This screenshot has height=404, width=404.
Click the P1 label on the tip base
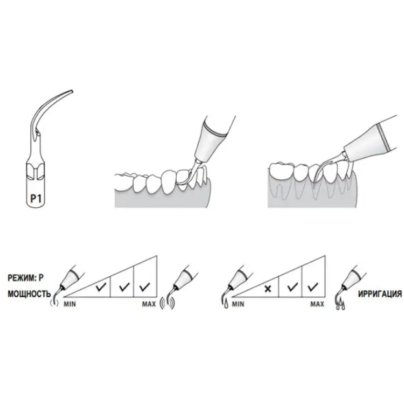pyautogui.click(x=36, y=198)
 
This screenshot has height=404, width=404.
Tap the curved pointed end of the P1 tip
pyautogui.click(x=73, y=91)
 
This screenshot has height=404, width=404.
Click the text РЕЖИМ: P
pyautogui.click(x=26, y=278)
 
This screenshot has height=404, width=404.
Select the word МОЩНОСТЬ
pyautogui.click(x=29, y=294)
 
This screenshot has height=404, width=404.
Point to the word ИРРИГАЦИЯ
pyautogui.click(x=380, y=294)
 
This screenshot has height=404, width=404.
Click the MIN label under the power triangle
pyautogui.click(x=70, y=304)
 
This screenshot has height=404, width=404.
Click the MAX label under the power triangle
pyautogui.click(x=149, y=304)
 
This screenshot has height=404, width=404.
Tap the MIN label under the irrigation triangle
pyautogui.click(x=238, y=304)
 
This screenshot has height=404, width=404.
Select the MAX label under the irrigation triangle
pyautogui.click(x=317, y=304)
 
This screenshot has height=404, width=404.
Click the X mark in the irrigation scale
pyautogui.click(x=268, y=289)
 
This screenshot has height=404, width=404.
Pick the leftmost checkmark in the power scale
pyautogui.click(x=101, y=287)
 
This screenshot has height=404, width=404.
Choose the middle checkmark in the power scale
pyautogui.click(x=124, y=287)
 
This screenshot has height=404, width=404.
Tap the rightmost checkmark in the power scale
pyautogui.click(x=144, y=287)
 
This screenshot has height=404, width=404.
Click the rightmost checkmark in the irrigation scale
pyautogui.click(x=313, y=287)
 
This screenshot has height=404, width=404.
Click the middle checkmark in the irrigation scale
pyautogui.click(x=293, y=287)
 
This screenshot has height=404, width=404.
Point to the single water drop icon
pyautogui.click(x=226, y=304)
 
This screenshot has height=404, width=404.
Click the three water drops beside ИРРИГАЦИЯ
pyautogui.click(x=341, y=304)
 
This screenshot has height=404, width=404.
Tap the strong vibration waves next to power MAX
pyautogui.click(x=168, y=304)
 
